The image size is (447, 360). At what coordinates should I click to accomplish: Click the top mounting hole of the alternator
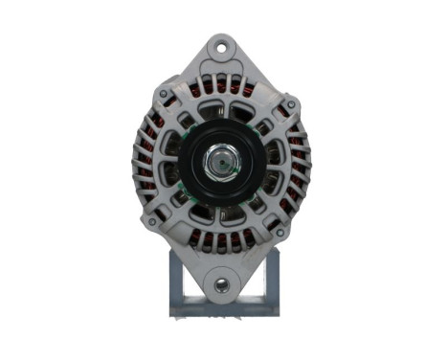[x=223, y=45]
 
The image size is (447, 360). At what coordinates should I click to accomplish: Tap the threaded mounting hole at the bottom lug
[x=223, y=283]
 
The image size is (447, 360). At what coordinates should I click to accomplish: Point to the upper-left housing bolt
[x=164, y=93]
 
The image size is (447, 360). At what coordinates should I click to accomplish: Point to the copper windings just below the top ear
[x=223, y=81]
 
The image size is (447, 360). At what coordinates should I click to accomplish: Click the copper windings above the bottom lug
[x=222, y=241]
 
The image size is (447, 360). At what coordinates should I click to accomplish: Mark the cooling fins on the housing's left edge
[x=134, y=163]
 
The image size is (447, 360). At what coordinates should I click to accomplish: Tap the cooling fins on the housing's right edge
[x=308, y=163]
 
